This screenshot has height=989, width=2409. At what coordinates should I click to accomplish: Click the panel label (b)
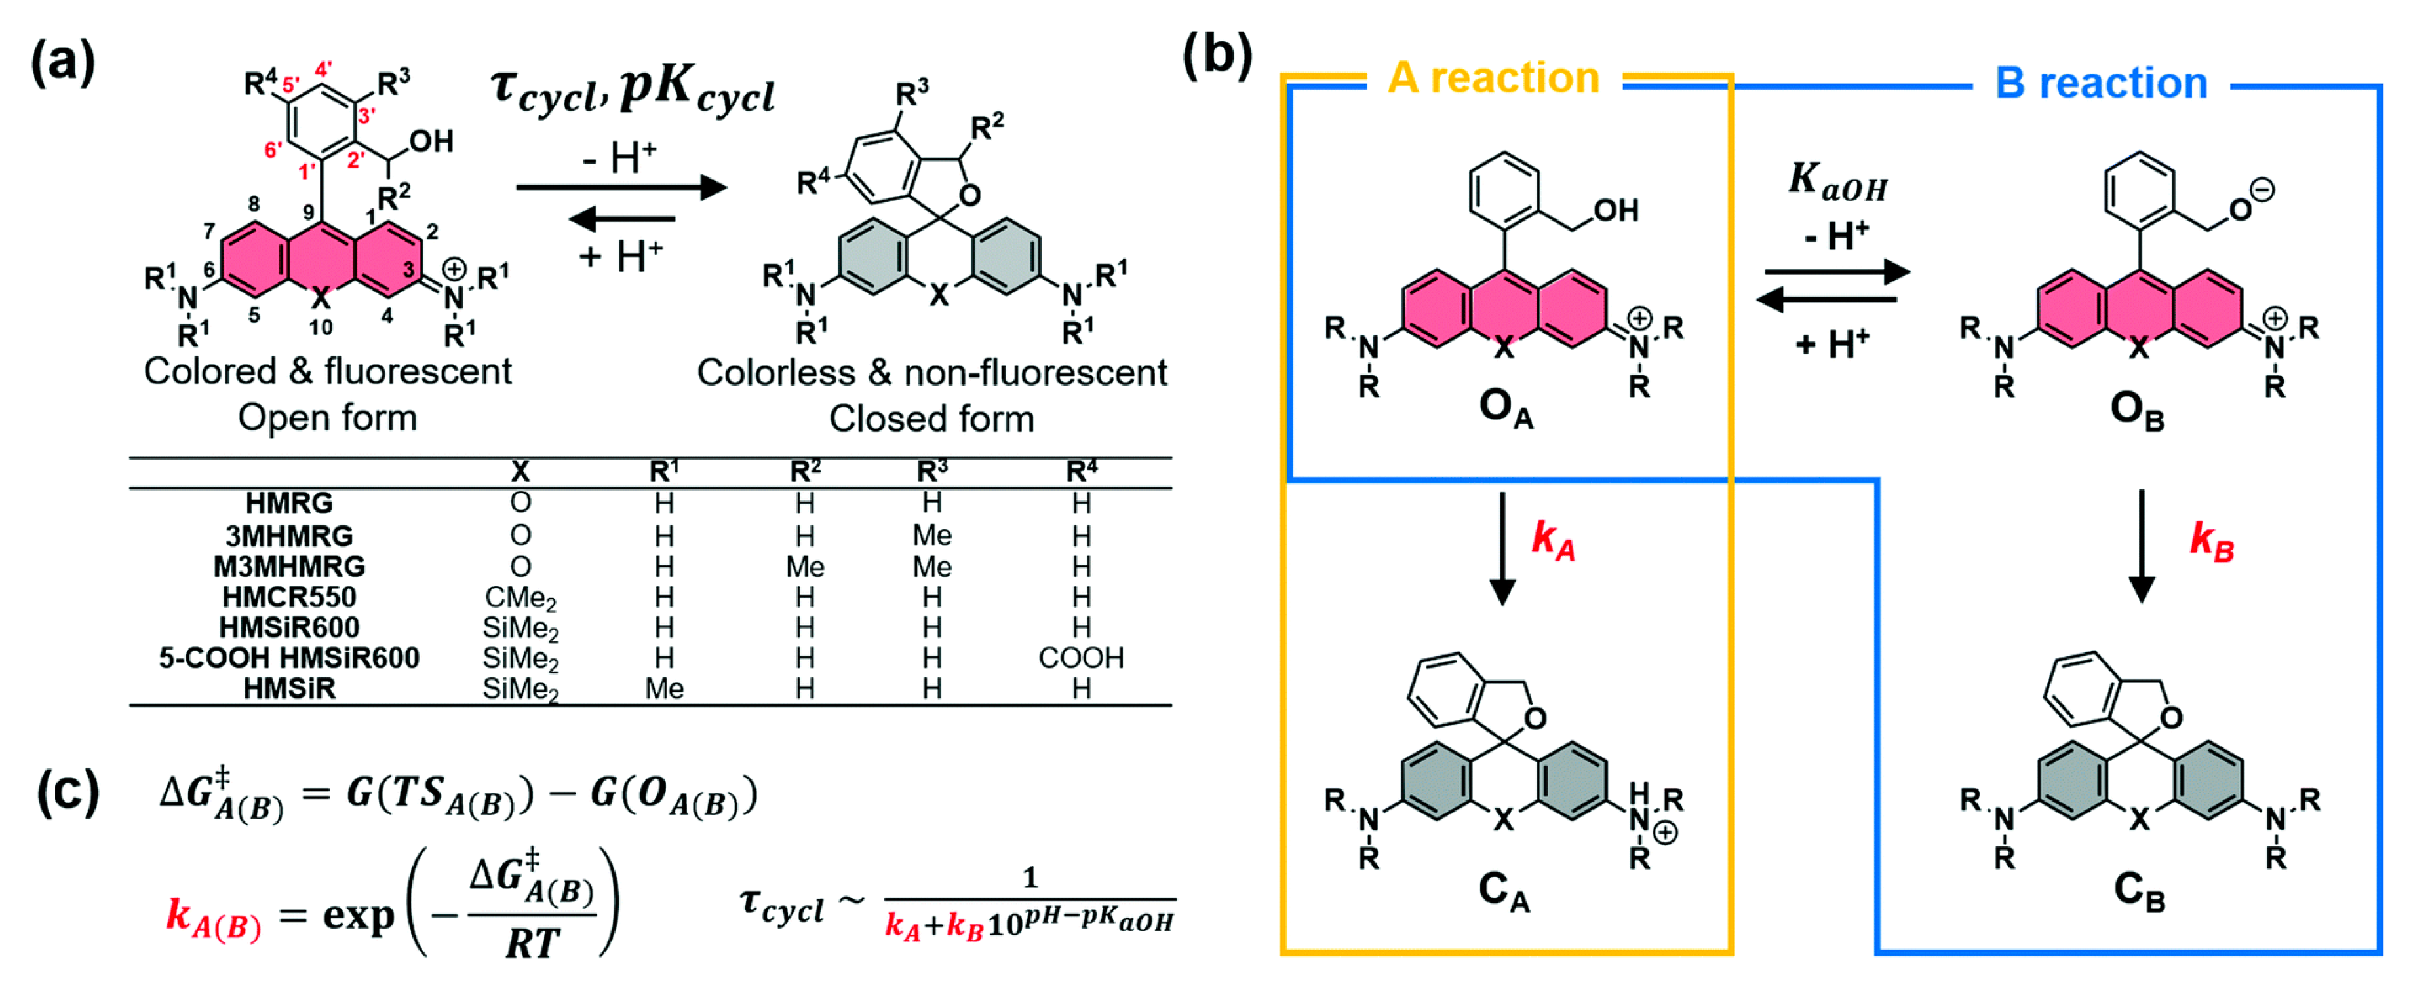point(1217,56)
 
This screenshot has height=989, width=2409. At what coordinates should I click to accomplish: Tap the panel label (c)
point(68,792)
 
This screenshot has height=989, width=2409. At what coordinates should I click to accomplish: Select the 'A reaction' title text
point(1493,79)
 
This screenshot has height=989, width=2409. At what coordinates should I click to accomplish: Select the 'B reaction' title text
point(2102,84)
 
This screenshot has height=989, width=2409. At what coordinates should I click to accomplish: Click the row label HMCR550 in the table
point(289,597)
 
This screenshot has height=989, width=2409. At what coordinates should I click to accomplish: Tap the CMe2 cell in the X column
point(520,597)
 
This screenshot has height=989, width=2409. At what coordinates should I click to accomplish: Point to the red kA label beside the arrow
point(1552,540)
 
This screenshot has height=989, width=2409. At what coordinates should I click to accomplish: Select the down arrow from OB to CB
point(2142,547)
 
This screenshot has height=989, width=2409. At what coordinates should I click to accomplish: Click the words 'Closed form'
point(931,419)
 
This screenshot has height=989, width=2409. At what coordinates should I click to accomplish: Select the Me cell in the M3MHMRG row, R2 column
point(804,567)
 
